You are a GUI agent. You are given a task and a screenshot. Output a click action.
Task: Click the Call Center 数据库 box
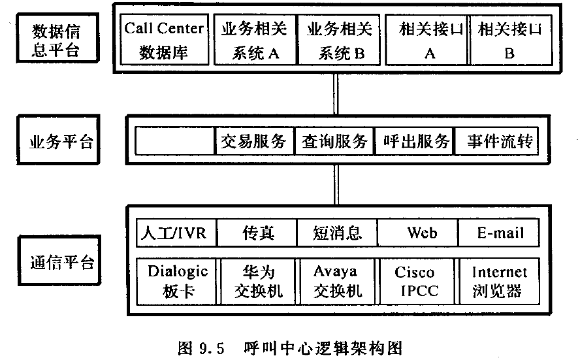164,40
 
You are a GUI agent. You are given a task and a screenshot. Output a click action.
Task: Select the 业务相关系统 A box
256,40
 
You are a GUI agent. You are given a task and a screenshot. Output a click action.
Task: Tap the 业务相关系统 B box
340,40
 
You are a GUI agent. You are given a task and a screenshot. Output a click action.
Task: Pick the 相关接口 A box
428,40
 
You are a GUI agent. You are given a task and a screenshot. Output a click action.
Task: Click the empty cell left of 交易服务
175,141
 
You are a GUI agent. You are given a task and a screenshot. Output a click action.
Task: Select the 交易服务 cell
254,141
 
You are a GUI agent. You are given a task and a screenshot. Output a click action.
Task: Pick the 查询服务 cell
335,141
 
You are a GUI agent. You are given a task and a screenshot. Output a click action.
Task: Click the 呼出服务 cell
416,141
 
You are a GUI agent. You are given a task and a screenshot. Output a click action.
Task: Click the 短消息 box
337,233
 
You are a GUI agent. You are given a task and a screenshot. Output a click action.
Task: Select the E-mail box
499,233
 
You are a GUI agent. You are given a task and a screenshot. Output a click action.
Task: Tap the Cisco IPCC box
415,281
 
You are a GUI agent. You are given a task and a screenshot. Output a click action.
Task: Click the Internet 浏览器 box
499,281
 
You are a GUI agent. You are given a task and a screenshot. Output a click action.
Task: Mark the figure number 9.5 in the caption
212,347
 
